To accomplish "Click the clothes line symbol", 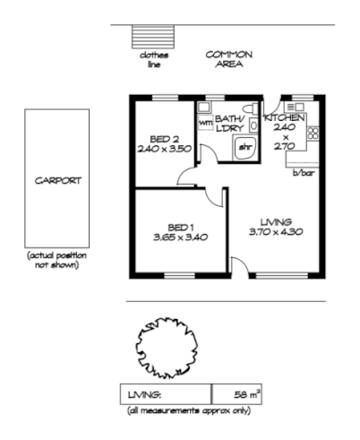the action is (153, 37).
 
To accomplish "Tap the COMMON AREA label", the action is (229, 59).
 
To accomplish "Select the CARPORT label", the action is (58, 181).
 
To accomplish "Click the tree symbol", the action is (167, 348).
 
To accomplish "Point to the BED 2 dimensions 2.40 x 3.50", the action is (164, 149).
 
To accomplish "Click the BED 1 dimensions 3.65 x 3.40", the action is (181, 237).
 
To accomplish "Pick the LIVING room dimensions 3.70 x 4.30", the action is (276, 232).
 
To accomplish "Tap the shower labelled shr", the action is (244, 148).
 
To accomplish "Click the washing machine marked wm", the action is (205, 123).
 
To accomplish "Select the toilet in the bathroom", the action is (251, 108).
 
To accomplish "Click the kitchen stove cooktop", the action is (313, 134).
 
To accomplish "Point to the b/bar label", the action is (304, 173).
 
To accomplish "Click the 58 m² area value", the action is (247, 394).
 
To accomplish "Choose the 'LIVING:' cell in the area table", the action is (145, 395).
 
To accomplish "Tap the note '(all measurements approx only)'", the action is (189, 411).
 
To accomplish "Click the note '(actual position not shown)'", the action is (56, 260).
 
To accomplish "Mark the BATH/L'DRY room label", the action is (229, 124).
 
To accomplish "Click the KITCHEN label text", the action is (285, 117).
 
